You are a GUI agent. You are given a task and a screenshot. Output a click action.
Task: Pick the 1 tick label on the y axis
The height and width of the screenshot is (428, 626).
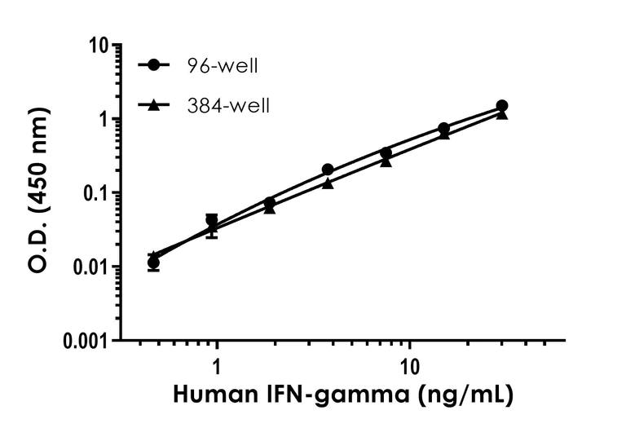(105, 120)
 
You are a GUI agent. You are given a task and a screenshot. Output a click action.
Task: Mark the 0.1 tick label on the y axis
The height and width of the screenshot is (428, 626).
(96, 194)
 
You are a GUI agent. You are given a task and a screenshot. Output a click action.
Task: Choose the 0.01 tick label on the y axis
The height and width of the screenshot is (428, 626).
(90, 267)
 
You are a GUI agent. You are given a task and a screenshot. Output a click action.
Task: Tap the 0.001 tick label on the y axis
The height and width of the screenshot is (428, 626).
(85, 341)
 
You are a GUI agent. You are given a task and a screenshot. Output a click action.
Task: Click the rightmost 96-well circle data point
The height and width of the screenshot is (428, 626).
(502, 106)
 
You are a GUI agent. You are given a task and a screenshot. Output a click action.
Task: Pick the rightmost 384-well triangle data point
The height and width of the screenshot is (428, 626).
(502, 114)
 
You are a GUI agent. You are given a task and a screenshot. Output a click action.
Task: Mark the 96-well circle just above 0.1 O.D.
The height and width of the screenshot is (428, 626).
(328, 170)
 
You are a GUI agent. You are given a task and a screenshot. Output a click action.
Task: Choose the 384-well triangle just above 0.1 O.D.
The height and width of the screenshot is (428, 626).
(328, 183)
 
